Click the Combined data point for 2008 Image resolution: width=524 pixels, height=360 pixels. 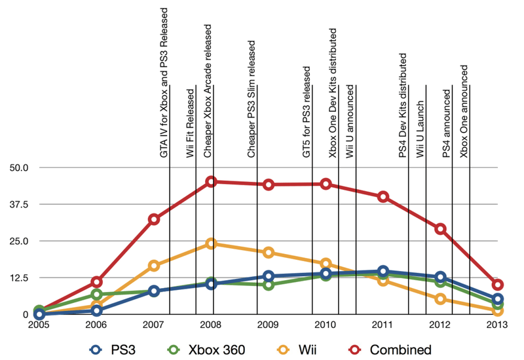[x=211, y=181]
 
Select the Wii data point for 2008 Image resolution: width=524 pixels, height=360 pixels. [x=211, y=243]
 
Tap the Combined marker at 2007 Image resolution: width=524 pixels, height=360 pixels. [x=154, y=219]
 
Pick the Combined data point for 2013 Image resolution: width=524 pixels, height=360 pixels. [x=498, y=285]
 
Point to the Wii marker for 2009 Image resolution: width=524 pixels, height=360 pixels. [x=269, y=253]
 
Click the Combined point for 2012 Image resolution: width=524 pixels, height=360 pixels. [x=440, y=229]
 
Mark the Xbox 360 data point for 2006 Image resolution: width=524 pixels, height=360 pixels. [x=96, y=295]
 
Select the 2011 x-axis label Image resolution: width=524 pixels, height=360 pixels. [x=383, y=325]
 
